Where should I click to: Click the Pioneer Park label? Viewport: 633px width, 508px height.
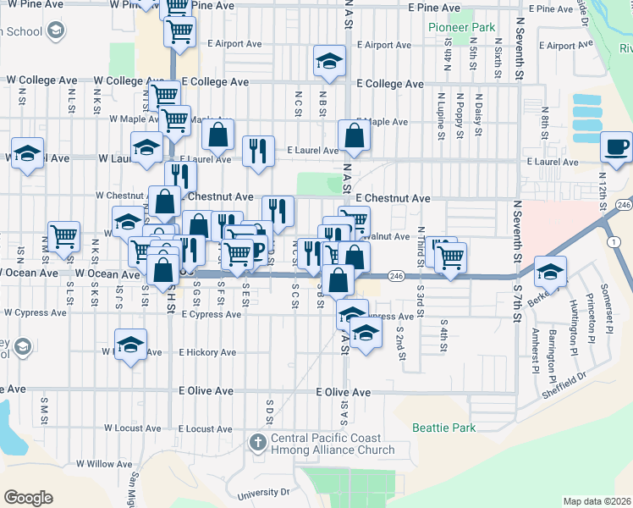pyautogui.click(x=461, y=27)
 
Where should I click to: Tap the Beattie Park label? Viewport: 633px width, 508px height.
pyautogui.click(x=443, y=428)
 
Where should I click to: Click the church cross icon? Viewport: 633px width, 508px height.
pyautogui.click(x=258, y=442)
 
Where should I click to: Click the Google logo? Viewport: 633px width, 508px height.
pyautogui.click(x=28, y=497)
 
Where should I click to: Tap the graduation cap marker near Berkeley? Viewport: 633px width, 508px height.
pyautogui.click(x=550, y=272)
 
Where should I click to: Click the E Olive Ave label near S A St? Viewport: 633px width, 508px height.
pyautogui.click(x=344, y=393)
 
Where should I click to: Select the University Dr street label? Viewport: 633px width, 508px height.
pyautogui.click(x=265, y=491)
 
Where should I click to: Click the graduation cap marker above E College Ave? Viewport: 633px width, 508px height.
pyautogui.click(x=329, y=61)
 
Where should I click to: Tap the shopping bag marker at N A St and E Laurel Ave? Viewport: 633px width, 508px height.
pyautogui.click(x=353, y=135)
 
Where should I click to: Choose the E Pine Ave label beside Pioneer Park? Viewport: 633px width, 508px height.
pyautogui.click(x=433, y=8)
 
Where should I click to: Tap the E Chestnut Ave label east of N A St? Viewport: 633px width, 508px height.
pyautogui.click(x=393, y=199)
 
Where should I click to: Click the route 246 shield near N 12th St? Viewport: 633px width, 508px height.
pyautogui.click(x=624, y=205)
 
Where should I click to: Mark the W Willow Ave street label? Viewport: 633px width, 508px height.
pyautogui.click(x=100, y=464)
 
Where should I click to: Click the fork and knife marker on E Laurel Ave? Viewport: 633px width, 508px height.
pyautogui.click(x=257, y=151)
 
